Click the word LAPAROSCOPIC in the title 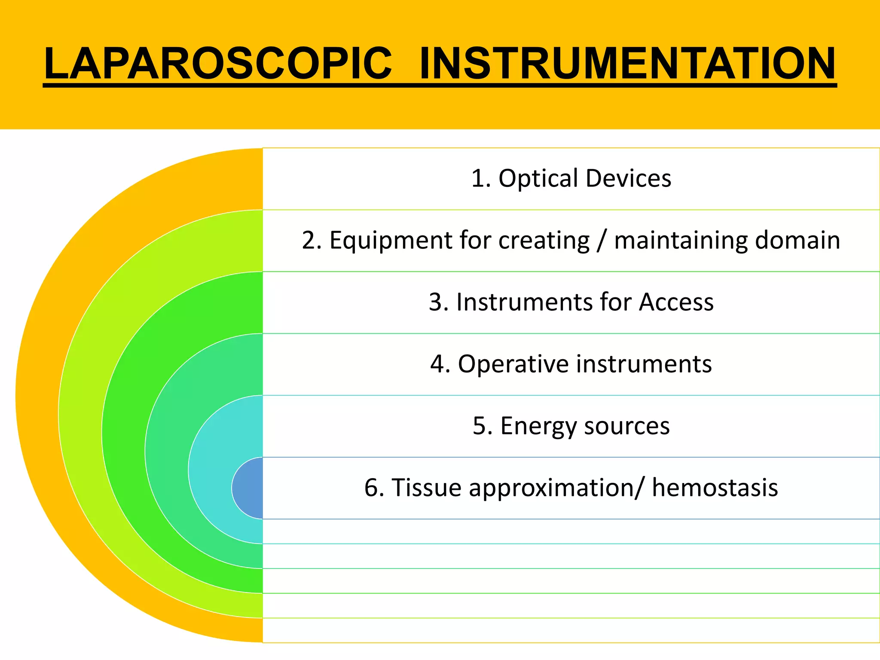pos(218,64)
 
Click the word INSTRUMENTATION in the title pos(627,64)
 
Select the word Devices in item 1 pos(628,178)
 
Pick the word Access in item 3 pos(676,302)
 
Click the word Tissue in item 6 pos(425,488)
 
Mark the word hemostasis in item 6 pos(715,488)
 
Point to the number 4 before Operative pos(437,364)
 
